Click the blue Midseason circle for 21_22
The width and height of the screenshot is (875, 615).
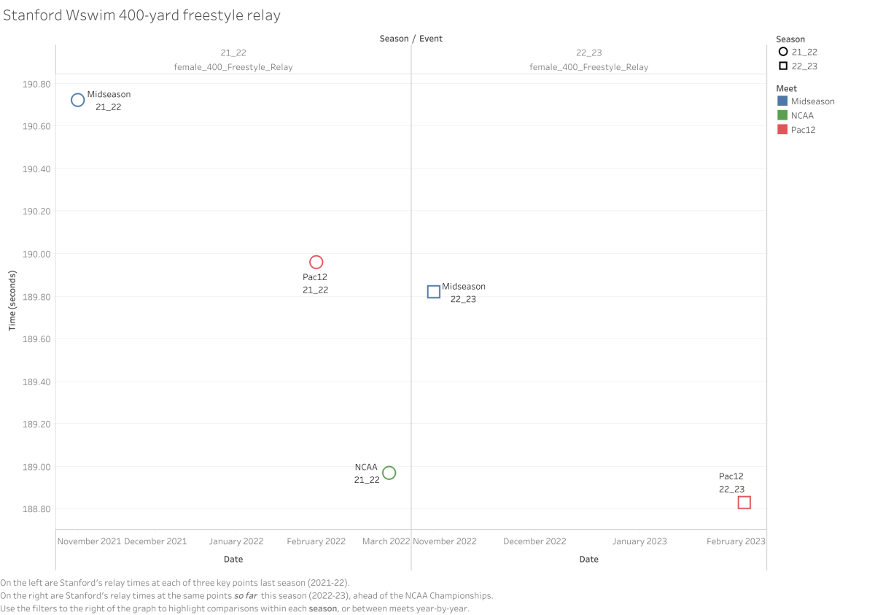pos(77,100)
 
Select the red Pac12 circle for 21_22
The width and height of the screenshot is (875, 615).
pos(316,262)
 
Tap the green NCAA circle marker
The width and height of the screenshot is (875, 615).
pos(389,473)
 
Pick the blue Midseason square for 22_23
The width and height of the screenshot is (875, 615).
pos(433,292)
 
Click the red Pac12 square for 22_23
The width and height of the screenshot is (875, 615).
pos(744,503)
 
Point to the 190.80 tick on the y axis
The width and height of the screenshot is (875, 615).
pos(36,84)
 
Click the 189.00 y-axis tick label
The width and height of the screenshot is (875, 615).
pos(36,467)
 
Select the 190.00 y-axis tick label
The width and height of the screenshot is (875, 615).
pos(36,254)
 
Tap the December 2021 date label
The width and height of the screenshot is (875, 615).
pos(155,541)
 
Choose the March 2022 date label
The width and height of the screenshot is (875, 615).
pos(386,541)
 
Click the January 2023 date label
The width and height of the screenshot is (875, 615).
pos(639,541)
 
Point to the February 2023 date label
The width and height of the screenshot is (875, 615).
pos(736,541)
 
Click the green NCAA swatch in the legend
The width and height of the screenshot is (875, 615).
pos(782,115)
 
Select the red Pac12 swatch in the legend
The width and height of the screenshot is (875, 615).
pos(782,130)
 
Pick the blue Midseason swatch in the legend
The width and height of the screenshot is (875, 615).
pos(782,101)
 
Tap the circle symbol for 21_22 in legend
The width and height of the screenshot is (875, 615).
pos(783,52)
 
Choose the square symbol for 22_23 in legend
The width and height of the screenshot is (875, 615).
pos(783,66)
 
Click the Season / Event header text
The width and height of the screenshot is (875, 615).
pos(411,38)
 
